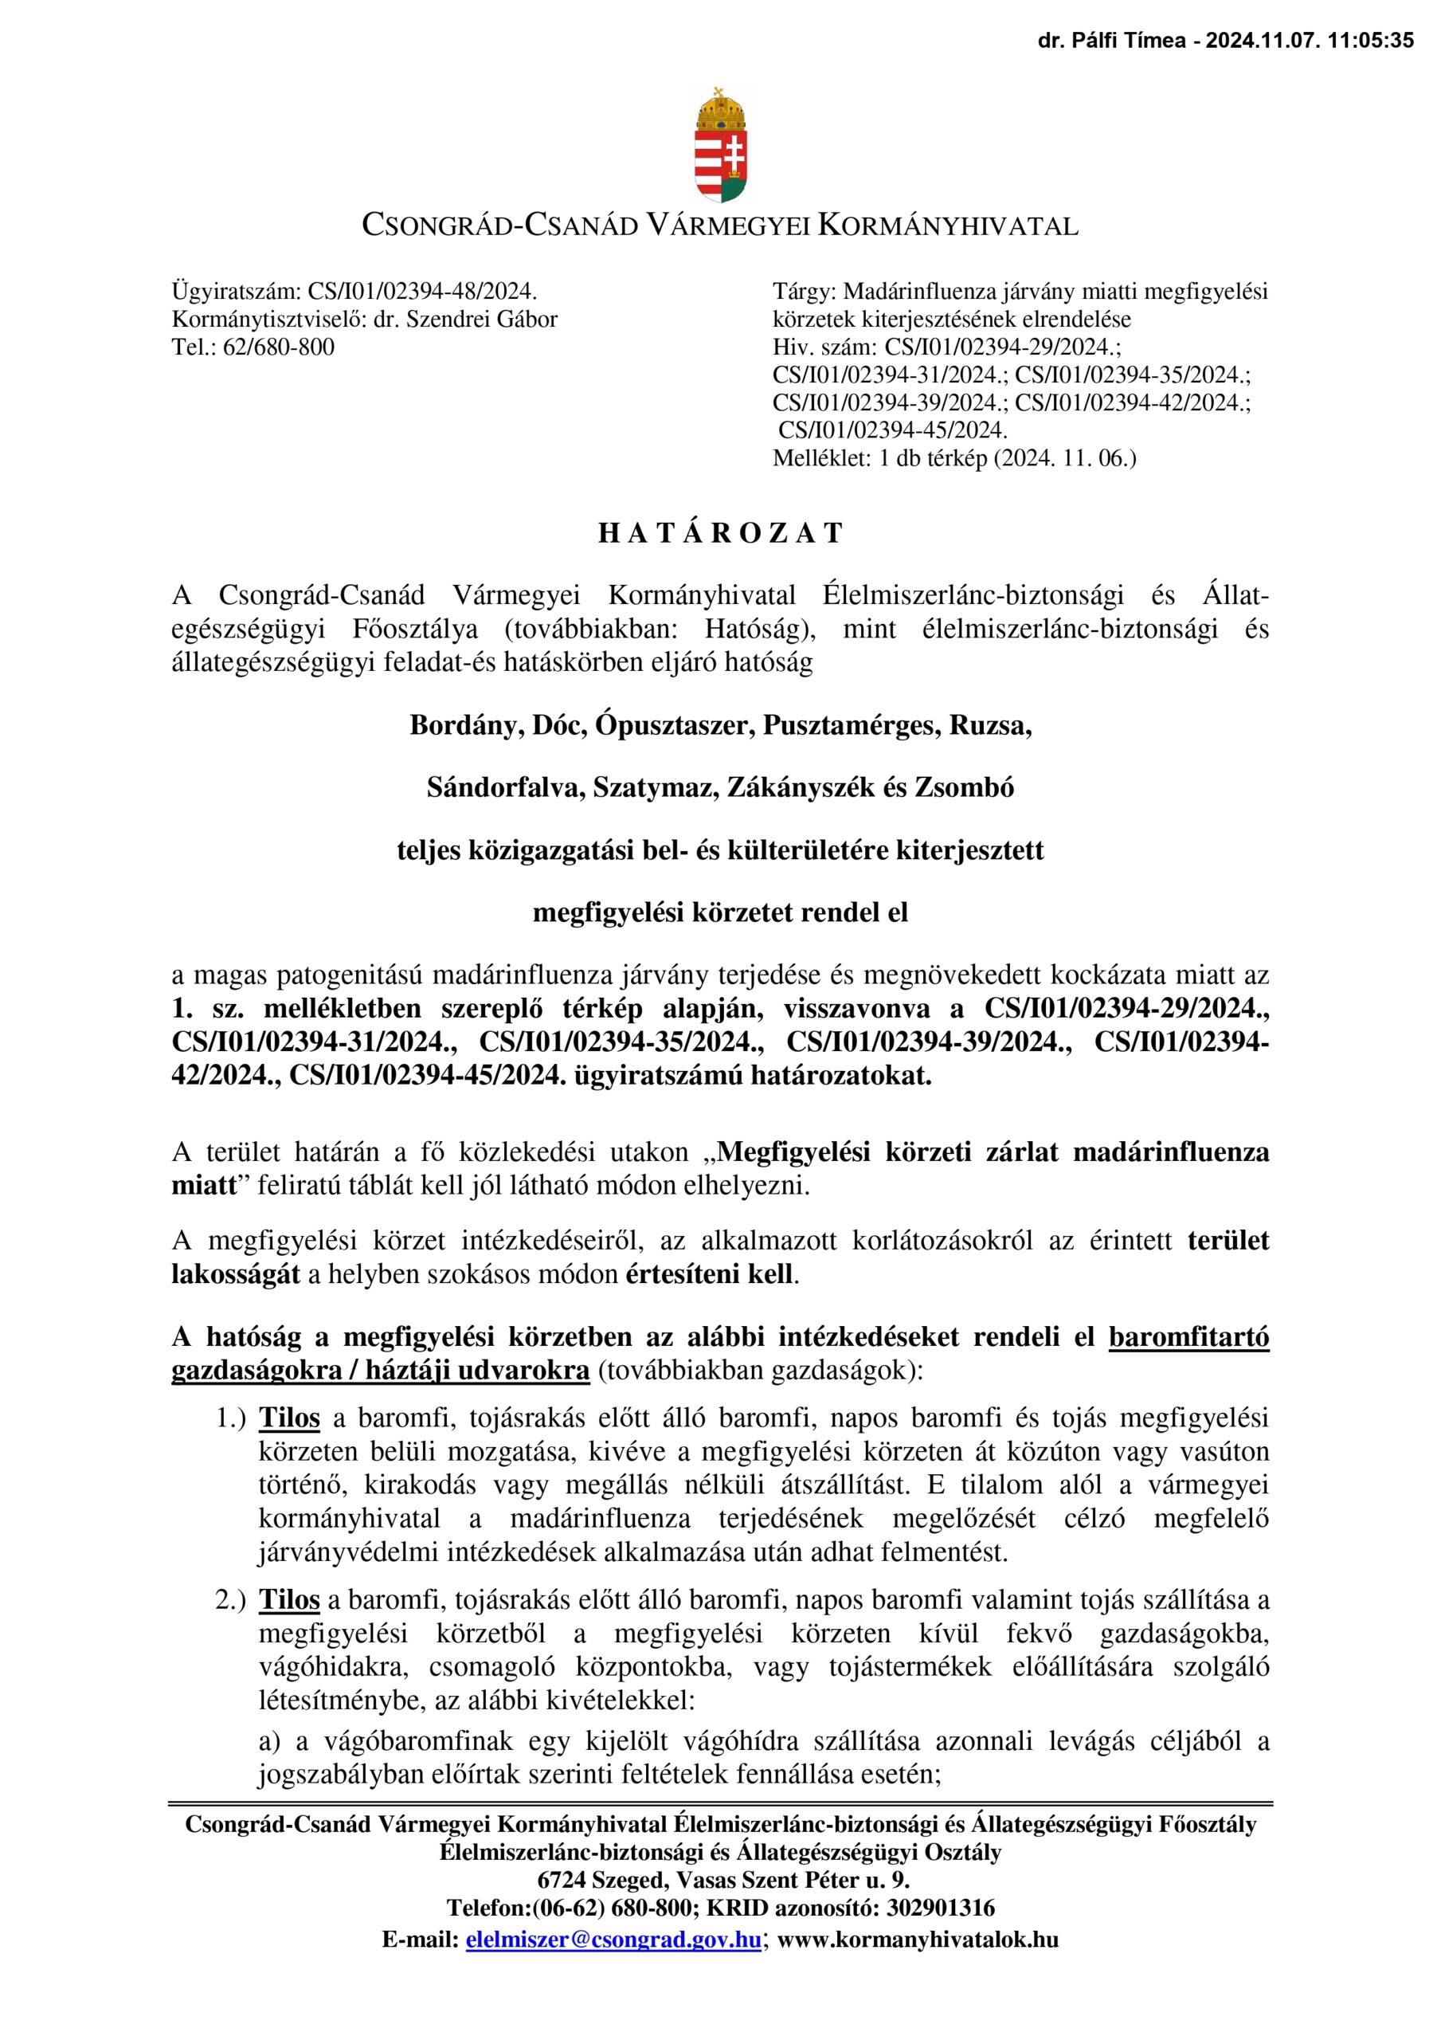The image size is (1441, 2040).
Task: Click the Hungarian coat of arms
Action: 719,145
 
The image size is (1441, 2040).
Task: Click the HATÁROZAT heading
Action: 719,533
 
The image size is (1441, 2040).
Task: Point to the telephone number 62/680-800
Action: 278,347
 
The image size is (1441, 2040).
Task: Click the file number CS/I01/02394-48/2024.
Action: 422,292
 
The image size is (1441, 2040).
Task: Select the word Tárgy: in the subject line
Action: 804,292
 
